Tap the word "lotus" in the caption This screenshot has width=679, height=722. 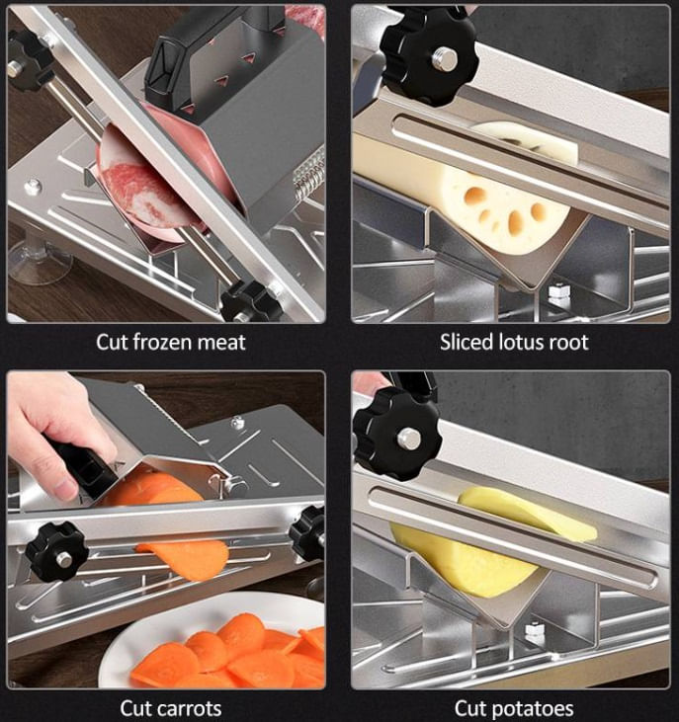pyautogui.click(x=516, y=342)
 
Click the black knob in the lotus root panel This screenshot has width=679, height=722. pyautogui.click(x=429, y=55)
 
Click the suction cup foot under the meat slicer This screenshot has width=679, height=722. pyautogui.click(x=40, y=263)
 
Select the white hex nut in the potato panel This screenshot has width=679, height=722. pyautogui.click(x=535, y=632)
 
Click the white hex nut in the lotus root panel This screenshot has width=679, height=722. pyautogui.click(x=559, y=293)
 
